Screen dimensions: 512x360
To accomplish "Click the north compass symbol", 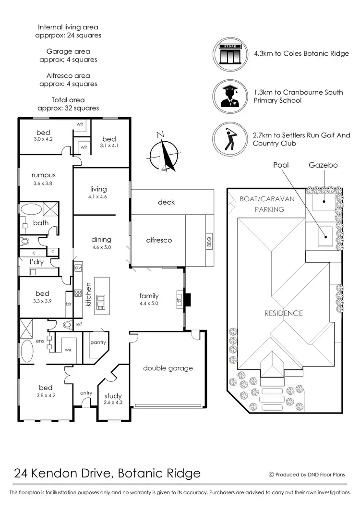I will coord(164,153).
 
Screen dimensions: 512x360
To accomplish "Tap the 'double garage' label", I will coord(168,368).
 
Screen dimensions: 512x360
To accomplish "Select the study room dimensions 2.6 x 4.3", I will coord(113,402).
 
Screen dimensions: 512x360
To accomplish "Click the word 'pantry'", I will coord(97,342).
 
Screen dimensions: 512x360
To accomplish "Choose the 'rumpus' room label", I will coord(44,175).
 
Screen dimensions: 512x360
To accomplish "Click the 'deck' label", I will coord(167,202).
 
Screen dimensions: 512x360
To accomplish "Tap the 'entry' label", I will coord(86,393).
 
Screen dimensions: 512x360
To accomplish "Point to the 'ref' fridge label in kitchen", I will coord(79,324).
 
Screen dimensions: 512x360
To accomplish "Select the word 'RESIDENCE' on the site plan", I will coord(284,313).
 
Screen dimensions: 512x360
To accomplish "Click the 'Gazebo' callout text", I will coord(323,165).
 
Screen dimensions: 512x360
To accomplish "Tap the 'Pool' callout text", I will coord(281,165).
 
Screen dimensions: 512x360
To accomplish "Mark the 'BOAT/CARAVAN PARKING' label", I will coord(267,204).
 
